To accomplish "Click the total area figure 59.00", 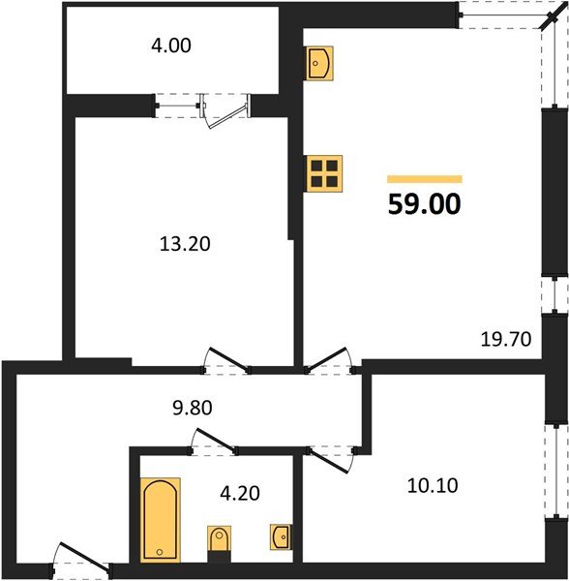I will click(425, 204).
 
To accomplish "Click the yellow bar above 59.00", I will click(425, 179).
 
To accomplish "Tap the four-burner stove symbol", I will click(323, 174).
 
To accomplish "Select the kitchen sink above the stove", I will click(321, 64).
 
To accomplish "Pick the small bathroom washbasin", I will click(282, 535).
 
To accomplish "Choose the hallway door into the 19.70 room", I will click(328, 360).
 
